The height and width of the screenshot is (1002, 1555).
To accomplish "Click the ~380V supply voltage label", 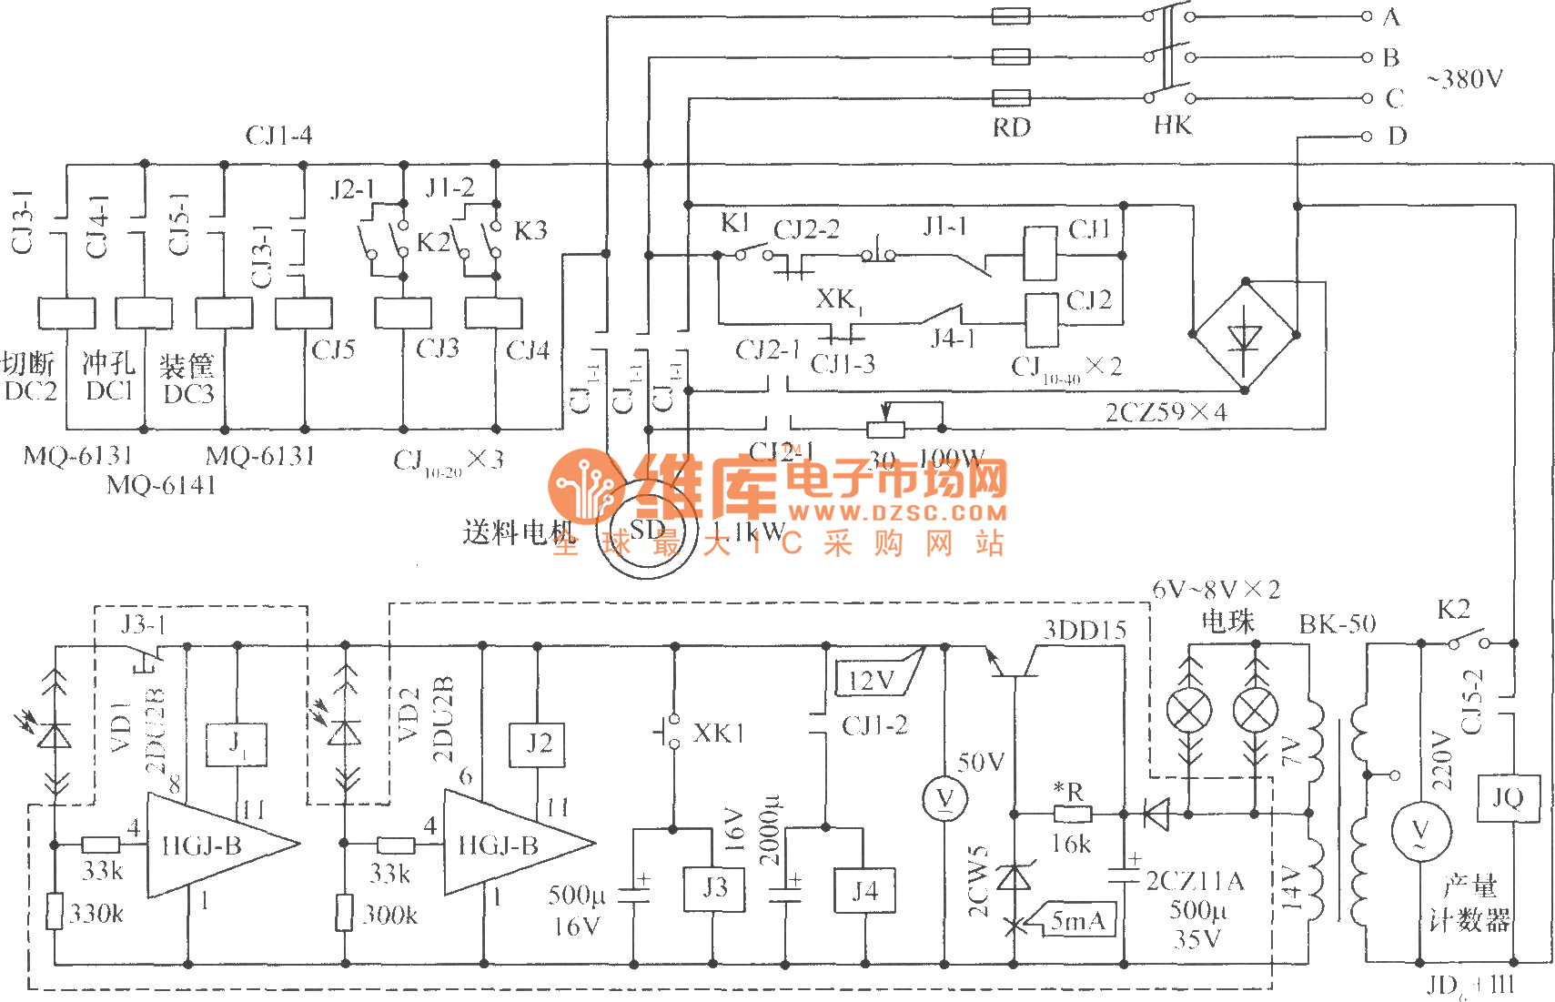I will [x=1465, y=79].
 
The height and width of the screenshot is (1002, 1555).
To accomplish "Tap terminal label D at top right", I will [x=1398, y=137].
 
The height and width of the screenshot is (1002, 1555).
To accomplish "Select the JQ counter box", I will [x=1508, y=798].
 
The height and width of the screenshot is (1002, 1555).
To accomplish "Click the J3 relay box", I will [x=713, y=888].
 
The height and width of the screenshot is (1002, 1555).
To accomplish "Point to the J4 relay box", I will [x=864, y=890].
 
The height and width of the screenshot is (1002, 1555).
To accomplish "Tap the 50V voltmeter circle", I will [x=944, y=799].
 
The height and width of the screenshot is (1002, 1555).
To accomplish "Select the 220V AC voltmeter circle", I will [x=1420, y=831].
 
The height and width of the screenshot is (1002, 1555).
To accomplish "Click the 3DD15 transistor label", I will [x=1085, y=629].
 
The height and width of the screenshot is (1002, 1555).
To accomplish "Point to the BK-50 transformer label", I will [x=1337, y=623].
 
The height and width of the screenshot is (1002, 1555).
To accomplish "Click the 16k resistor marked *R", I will [x=1072, y=813].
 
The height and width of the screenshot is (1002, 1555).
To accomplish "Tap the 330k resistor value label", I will [x=96, y=914].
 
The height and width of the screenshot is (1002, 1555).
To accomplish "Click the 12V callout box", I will [x=872, y=680].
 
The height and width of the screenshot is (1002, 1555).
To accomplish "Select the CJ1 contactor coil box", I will [x=1040, y=253].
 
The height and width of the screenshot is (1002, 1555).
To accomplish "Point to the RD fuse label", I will [x=1011, y=127].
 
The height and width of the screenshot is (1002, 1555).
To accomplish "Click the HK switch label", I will [x=1172, y=126].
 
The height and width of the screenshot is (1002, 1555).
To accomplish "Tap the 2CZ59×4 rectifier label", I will [x=1166, y=412].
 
